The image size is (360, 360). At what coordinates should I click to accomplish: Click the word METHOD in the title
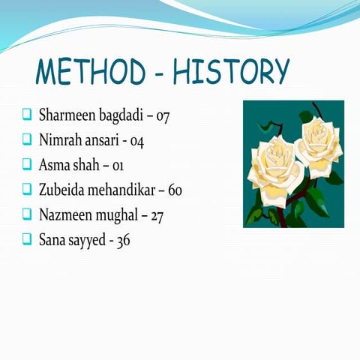pos(91,73)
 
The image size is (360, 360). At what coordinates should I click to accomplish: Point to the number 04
pos(137,140)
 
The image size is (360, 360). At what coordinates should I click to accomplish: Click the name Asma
pos(53,164)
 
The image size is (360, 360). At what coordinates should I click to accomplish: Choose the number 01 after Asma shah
pos(120,164)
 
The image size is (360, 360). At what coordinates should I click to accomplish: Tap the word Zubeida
pos(61,190)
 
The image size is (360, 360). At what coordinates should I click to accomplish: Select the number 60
pos(175,190)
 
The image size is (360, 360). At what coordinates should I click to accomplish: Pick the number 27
pos(157,215)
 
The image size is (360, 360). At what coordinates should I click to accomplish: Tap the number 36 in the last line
pos(122,241)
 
